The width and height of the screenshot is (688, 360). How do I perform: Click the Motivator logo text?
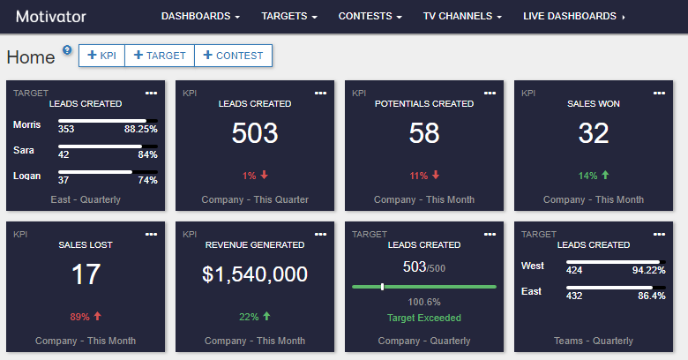[x=51, y=16]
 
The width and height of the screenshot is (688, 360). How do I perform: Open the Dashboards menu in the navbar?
[x=200, y=16]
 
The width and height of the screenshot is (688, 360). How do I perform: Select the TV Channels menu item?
[x=462, y=16]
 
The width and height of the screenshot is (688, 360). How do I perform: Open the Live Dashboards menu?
[x=574, y=16]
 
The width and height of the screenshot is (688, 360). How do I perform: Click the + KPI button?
[x=101, y=56]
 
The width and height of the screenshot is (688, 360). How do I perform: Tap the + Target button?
[x=160, y=56]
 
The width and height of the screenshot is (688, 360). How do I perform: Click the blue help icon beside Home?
[x=67, y=49]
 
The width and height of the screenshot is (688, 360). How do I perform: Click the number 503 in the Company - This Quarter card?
[x=255, y=133]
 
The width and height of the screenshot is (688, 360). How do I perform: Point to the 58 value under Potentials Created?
[x=424, y=133]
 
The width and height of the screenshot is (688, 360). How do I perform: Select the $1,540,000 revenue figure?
[x=255, y=274]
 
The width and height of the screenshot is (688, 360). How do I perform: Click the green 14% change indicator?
[x=594, y=176]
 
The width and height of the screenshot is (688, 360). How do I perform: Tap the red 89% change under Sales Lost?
[x=86, y=317]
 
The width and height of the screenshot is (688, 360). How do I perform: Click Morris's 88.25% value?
[x=140, y=129]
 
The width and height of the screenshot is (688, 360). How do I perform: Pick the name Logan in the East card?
[x=27, y=176]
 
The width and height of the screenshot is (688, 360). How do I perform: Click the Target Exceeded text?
[x=424, y=318]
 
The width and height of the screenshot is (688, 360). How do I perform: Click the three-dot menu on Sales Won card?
[x=658, y=93]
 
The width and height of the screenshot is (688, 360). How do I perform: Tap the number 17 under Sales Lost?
[x=86, y=274]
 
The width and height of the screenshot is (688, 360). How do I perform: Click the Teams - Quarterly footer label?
[x=594, y=341]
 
